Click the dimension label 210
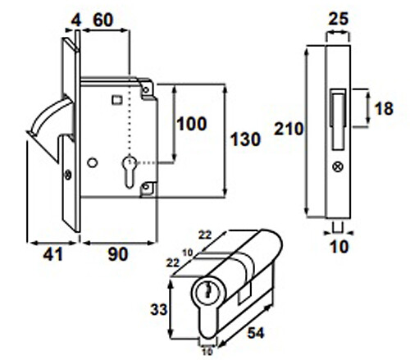289,129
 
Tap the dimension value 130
246,139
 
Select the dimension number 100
192,124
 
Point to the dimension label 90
118,254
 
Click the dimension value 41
53,254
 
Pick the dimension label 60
103,20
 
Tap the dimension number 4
76,21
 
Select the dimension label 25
339,19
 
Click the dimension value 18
384,108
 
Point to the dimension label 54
256,333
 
